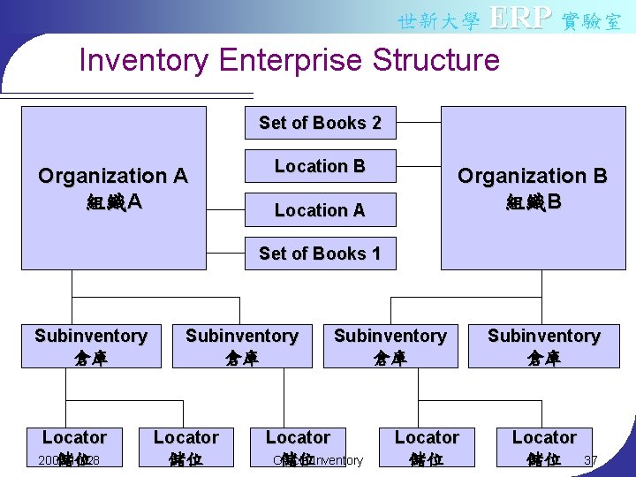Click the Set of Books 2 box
tap(320, 123)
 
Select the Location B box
tap(320, 166)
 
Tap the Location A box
tap(320, 210)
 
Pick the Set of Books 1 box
tap(320, 254)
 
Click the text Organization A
tap(113, 176)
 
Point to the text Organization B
tap(532, 176)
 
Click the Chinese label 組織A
tap(113, 202)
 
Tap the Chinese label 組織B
tap(532, 202)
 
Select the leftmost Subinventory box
tap(91, 346)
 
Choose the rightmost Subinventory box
tap(543, 346)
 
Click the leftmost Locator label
tap(74, 437)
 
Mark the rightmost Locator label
tap(544, 437)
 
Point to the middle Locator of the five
tap(298, 437)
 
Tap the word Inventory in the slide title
tap(144, 60)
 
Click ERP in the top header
tap(520, 18)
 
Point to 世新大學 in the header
tap(438, 20)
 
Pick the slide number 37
tap(591, 460)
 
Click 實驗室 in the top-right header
tap(592, 20)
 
